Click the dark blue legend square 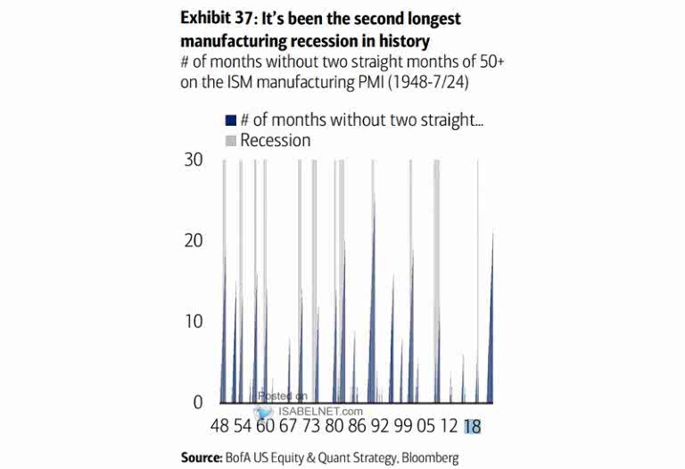[230, 119]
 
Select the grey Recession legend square [230, 141]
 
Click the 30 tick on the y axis [193, 160]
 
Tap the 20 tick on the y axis [193, 241]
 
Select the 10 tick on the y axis [193, 322]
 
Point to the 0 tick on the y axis [197, 402]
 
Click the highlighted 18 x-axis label [472, 427]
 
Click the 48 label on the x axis [220, 427]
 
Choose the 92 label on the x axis [381, 427]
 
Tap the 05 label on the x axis [425, 427]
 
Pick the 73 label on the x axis [310, 427]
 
